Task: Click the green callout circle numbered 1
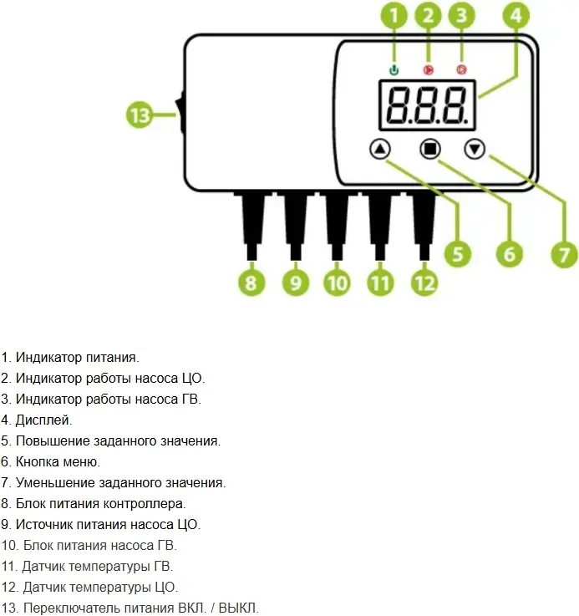coord(396,15)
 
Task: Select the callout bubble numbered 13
coord(140,115)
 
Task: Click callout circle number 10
coord(337,282)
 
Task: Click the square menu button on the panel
coord(429,150)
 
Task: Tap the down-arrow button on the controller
coord(475,150)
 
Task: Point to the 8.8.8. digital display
coord(427,104)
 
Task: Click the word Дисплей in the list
coord(43,420)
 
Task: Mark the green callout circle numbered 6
coord(509,253)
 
